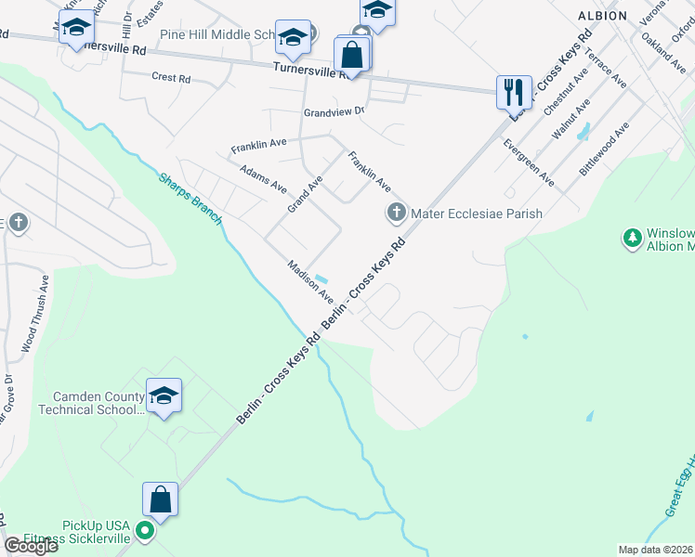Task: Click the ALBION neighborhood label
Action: click(x=628, y=17)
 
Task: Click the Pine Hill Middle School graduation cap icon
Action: click(x=294, y=37)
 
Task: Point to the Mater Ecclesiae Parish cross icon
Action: click(x=397, y=214)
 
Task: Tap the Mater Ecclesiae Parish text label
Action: click(x=476, y=214)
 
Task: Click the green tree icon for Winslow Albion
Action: click(x=633, y=239)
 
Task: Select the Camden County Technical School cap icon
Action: click(x=164, y=395)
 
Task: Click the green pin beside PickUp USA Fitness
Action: click(x=143, y=532)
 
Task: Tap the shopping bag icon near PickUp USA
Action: click(x=160, y=499)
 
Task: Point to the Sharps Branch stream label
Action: click(x=190, y=198)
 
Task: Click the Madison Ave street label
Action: click(x=310, y=280)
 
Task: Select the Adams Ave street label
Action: click(x=263, y=178)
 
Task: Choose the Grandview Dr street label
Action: click(x=334, y=111)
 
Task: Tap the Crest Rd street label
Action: click(x=171, y=79)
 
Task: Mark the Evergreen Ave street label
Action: click(x=529, y=163)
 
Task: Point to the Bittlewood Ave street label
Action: click(x=605, y=147)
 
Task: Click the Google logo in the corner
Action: click(x=32, y=546)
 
